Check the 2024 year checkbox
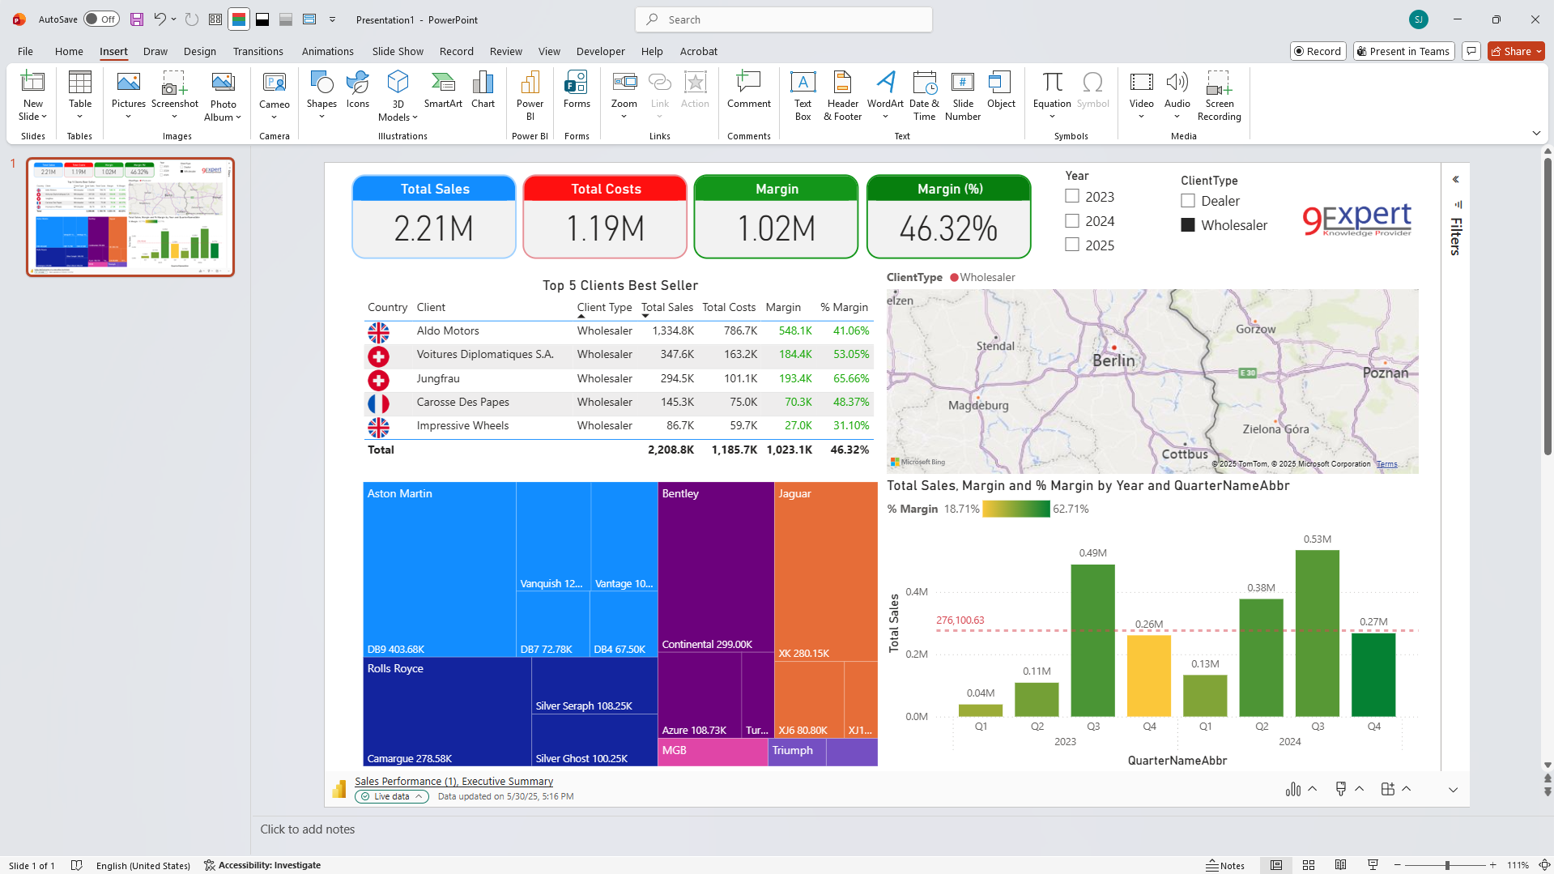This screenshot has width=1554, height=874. [x=1072, y=221]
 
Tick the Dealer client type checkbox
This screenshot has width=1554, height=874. [x=1188, y=201]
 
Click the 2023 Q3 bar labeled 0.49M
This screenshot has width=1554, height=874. [x=1092, y=640]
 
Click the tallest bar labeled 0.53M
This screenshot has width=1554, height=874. [x=1317, y=632]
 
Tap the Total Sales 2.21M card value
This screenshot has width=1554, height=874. [x=434, y=228]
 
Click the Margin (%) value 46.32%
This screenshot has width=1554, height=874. [x=948, y=228]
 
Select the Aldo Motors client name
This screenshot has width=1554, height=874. [x=448, y=330]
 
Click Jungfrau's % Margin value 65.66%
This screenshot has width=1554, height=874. [x=850, y=378]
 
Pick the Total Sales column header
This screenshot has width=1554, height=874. [x=666, y=307]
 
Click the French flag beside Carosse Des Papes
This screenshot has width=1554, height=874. [x=378, y=403]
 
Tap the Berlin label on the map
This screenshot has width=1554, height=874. [x=1113, y=360]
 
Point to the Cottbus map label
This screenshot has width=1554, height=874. [x=1185, y=454]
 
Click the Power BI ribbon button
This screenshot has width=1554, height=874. [x=530, y=95]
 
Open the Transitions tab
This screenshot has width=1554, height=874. [x=258, y=51]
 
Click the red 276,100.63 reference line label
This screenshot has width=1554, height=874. [x=960, y=620]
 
